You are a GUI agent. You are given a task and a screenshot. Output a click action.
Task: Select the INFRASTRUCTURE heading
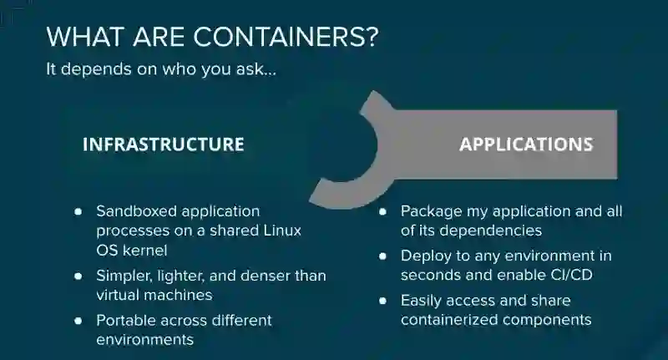pos(163,145)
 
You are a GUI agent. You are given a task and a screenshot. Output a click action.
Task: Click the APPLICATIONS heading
pos(526,145)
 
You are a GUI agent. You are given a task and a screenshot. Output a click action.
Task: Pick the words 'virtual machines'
pos(154,295)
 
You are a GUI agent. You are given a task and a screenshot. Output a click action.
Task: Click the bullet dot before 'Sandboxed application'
pos(78,211)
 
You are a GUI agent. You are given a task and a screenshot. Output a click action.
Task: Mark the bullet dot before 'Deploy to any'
pos(382,256)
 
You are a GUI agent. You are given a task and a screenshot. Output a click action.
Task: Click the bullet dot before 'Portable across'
pos(78,321)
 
